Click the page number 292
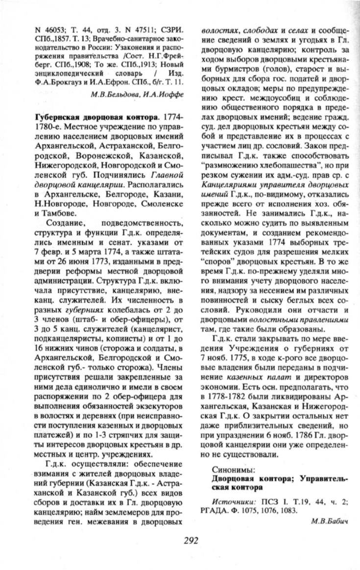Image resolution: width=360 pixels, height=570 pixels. pos(191,540)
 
